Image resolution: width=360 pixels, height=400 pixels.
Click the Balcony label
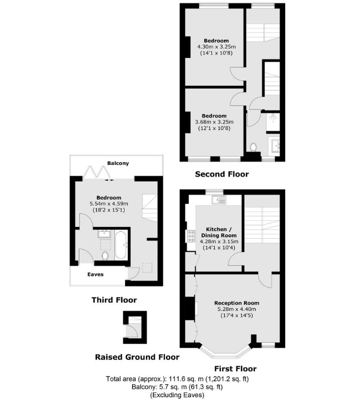118,163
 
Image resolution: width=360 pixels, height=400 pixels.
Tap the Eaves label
96,275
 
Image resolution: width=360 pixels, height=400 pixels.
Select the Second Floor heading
222,174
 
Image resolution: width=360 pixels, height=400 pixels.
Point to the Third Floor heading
114,300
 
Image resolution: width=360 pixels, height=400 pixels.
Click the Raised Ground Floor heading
137,357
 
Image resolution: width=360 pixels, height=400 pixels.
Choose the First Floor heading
235,369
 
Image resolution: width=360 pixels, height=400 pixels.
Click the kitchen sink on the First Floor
219,200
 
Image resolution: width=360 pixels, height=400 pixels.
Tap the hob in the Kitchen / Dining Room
191,236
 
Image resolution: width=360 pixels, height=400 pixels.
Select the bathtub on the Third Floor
121,245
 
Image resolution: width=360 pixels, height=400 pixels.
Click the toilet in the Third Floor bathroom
105,255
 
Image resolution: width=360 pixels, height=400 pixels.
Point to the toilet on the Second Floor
253,147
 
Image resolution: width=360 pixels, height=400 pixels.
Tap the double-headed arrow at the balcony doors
110,180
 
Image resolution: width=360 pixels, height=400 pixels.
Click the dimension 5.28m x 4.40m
237,309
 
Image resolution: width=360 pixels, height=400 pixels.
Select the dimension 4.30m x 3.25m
216,47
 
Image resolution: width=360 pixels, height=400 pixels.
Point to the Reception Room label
237,303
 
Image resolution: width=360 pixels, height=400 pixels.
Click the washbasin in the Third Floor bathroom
104,234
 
